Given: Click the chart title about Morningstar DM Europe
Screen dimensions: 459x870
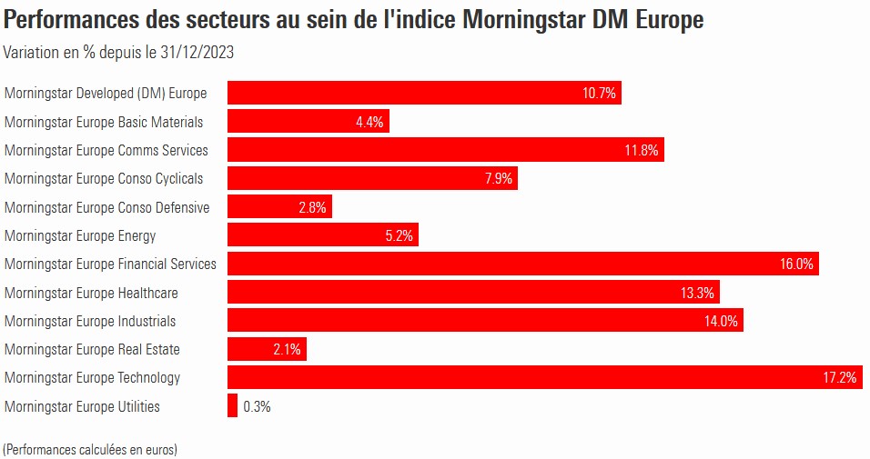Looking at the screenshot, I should (354, 20).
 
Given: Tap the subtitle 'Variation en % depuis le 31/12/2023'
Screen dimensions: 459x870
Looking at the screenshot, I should (119, 52).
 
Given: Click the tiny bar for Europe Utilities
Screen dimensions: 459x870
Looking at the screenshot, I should (232, 406).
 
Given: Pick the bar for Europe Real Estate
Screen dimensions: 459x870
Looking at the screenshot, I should (267, 349).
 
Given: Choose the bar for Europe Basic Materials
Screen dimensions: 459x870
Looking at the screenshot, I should (309, 122).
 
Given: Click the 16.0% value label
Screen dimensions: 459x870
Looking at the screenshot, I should (796, 264).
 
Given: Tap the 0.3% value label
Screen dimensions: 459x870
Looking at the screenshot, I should (257, 406).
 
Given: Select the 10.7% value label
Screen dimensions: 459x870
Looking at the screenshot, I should (599, 94).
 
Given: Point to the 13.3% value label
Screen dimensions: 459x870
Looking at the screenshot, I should (698, 293).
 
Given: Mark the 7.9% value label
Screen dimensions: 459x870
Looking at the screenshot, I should (499, 179).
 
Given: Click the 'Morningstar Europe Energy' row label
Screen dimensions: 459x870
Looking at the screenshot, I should (80, 235).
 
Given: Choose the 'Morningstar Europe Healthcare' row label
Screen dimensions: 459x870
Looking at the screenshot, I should (91, 293).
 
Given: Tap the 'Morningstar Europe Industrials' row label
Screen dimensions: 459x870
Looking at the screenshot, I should (90, 321).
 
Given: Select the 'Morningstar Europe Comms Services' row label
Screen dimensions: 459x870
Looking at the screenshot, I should (106, 150).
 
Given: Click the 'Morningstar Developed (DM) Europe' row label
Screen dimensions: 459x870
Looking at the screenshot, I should (106, 93).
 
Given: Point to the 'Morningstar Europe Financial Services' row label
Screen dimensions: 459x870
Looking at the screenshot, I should (110, 264).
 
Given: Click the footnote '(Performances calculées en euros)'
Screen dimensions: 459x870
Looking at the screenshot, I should (90, 449).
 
